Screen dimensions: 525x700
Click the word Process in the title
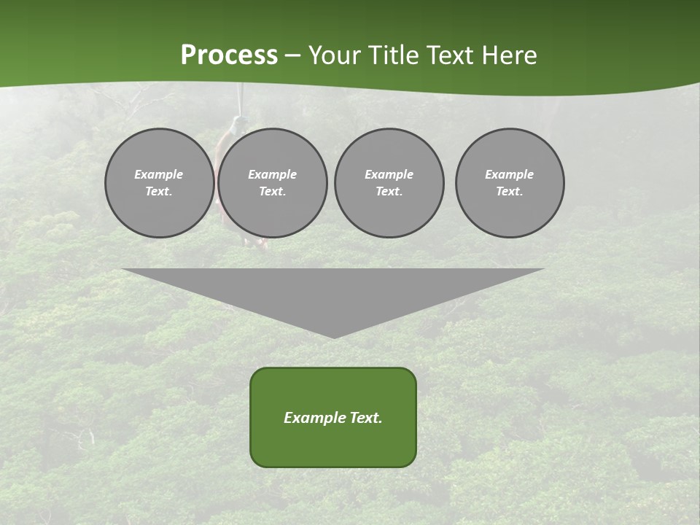(x=229, y=55)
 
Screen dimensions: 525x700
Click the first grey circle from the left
(x=159, y=183)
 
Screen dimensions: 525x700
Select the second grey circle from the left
(x=272, y=183)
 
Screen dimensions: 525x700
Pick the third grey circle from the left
(x=389, y=183)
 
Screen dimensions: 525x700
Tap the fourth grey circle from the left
(x=510, y=183)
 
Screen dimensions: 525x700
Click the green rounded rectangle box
(x=333, y=417)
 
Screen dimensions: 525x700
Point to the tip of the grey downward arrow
(x=334, y=336)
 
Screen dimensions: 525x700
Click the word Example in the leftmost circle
(x=159, y=174)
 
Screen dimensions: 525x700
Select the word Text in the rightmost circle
(x=508, y=192)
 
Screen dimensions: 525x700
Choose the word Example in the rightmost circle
(x=510, y=174)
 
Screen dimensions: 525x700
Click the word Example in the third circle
(x=389, y=174)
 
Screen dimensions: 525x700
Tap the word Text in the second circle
(x=271, y=192)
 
